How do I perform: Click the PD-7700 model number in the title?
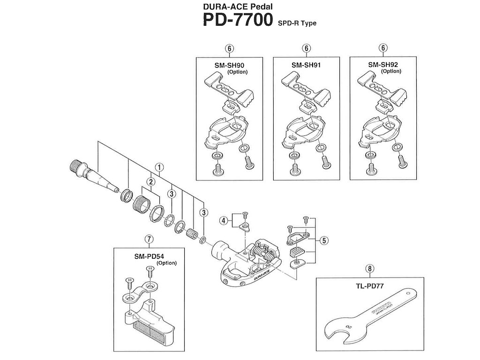coord(237,21)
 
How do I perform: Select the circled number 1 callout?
coord(159,167)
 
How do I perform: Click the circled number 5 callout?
coord(324,240)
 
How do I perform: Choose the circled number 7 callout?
coord(149,239)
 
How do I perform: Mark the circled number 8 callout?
coord(370,269)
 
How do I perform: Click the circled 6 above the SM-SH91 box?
coord(306,48)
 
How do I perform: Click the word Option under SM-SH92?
coord(391,71)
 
